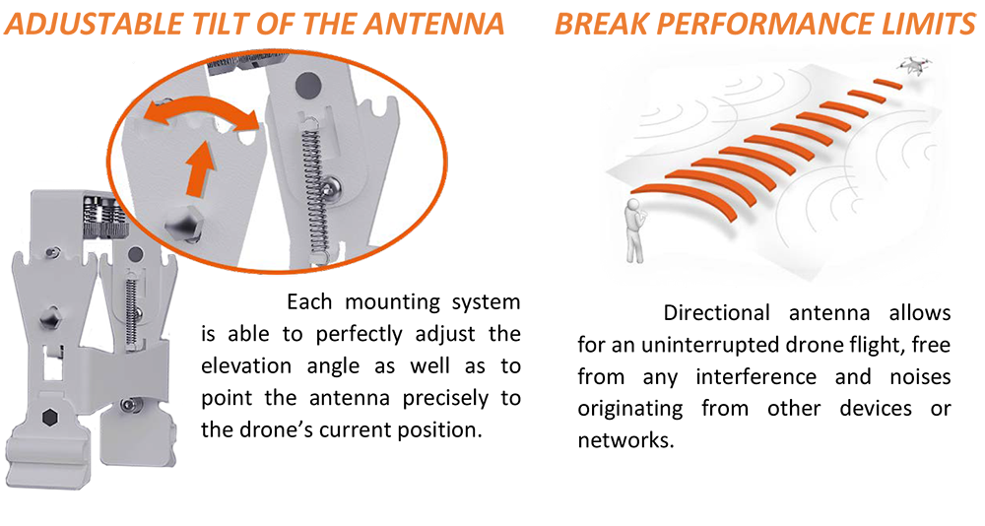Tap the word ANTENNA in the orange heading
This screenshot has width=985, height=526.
(434, 24)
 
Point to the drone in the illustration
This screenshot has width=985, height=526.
(915, 64)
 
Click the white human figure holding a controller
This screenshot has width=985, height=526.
(634, 230)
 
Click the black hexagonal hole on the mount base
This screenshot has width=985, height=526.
(49, 417)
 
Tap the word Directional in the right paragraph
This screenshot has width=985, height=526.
(716, 312)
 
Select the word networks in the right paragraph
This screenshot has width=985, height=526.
(625, 440)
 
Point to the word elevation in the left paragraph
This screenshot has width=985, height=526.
(246, 365)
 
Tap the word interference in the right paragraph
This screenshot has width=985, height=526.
(755, 376)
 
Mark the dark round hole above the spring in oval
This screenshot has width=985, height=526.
(307, 83)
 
